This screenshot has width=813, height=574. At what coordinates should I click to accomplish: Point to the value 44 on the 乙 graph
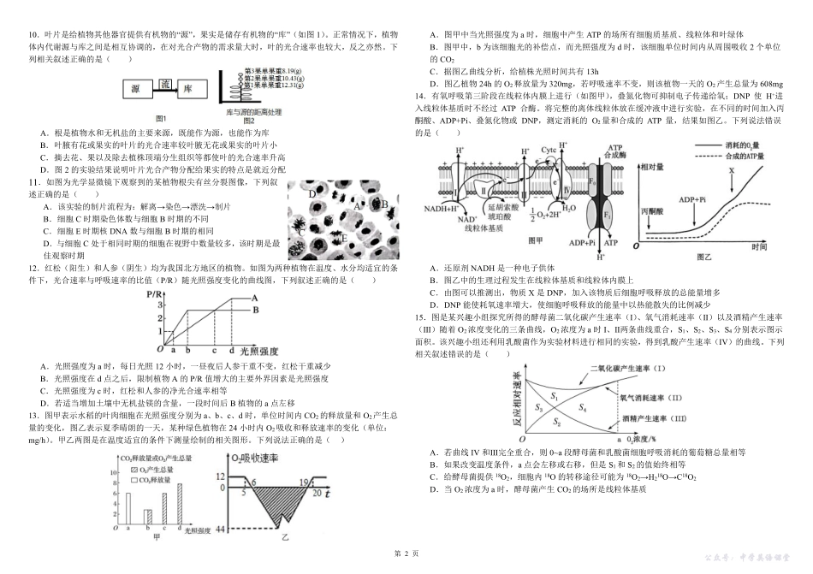(x=221, y=531)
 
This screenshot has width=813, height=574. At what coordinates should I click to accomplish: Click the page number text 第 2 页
(x=406, y=553)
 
